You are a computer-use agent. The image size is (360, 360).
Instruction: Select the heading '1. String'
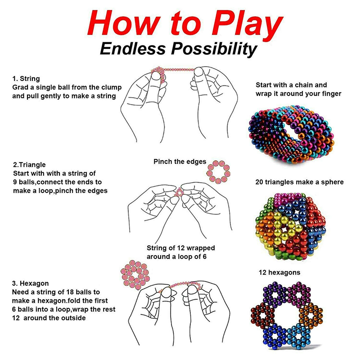coord(26,78)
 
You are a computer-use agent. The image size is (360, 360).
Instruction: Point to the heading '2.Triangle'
coord(29,165)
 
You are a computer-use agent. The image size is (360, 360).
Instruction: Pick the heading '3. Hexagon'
coord(30,283)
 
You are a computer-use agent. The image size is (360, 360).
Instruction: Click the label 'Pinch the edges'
coord(180,162)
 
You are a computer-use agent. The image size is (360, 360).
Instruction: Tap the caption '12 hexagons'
coord(279,272)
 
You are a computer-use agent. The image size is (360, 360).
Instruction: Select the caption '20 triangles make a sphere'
coord(299,182)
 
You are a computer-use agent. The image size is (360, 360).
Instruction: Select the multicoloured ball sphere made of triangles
coord(290,226)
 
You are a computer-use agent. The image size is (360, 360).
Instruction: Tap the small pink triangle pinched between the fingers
coord(179,193)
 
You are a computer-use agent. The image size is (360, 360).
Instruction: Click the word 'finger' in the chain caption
coord(331,94)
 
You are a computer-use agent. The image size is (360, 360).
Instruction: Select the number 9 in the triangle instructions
coord(15,182)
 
